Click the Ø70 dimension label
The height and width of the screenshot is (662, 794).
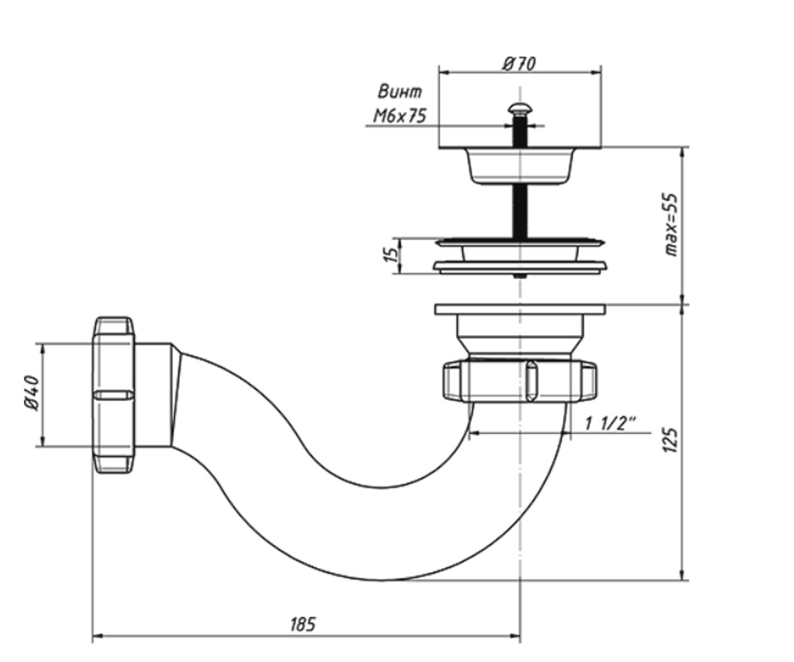(518, 64)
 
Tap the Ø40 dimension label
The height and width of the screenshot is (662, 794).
(32, 393)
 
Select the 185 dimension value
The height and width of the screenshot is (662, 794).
(303, 625)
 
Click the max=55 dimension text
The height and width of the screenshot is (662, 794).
(671, 225)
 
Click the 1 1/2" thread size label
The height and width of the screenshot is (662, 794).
(610, 424)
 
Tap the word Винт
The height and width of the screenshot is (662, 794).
(400, 92)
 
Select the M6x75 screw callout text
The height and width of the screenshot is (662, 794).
(400, 116)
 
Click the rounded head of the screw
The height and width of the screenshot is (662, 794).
(519, 109)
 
